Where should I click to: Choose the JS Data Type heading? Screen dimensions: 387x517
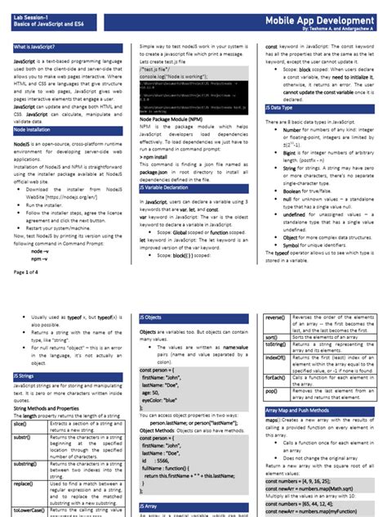(x=279, y=108)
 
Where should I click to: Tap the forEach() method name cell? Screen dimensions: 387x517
(x=275, y=377)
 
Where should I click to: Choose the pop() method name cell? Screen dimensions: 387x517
(x=272, y=392)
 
